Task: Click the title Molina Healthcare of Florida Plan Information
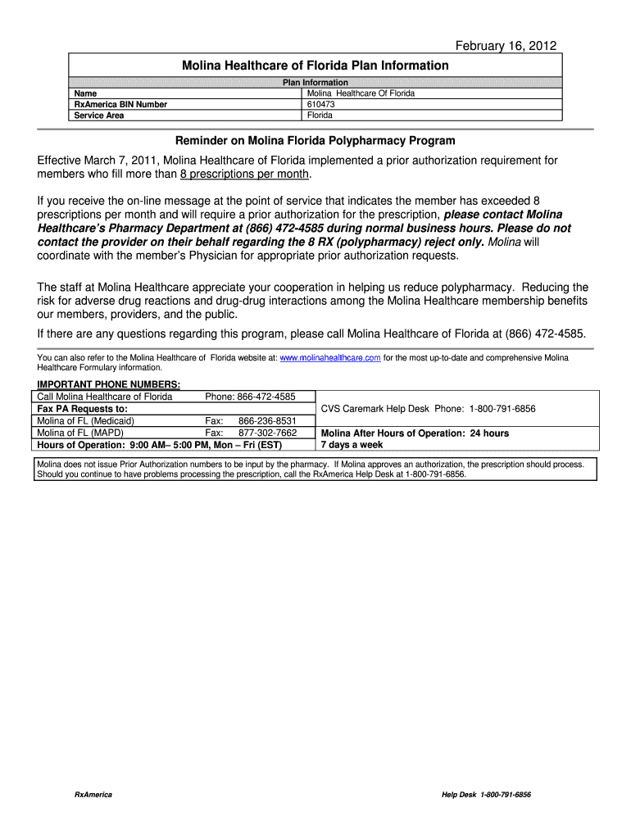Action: (315, 66)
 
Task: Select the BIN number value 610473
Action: (320, 104)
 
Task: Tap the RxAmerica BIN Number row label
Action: (120, 104)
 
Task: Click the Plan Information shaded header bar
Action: (315, 83)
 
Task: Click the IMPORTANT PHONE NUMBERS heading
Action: (109, 385)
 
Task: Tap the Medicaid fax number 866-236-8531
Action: (266, 421)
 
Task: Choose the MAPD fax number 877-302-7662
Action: (266, 433)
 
